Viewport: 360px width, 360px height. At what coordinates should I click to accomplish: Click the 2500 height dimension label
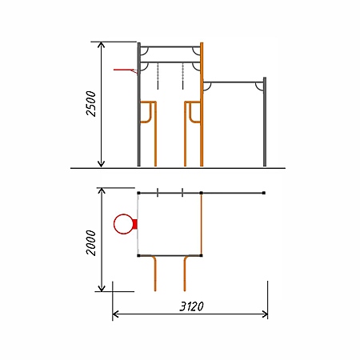pyautogui.click(x=91, y=103)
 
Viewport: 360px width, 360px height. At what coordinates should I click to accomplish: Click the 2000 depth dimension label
pyautogui.click(x=91, y=242)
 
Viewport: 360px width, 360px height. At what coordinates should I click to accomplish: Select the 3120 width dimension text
pyautogui.click(x=191, y=306)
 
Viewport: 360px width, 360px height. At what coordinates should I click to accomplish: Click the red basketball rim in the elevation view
pyautogui.click(x=126, y=70)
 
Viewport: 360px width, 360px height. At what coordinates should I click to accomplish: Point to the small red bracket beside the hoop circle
pyautogui.click(x=135, y=224)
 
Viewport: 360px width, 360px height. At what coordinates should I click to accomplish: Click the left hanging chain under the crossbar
pyautogui.click(x=158, y=76)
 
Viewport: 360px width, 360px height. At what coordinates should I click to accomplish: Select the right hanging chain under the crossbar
pyautogui.click(x=183, y=76)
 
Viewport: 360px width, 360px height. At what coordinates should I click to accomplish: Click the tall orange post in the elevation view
pyautogui.click(x=202, y=104)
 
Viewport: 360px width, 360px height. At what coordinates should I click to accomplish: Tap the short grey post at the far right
pyautogui.click(x=265, y=122)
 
